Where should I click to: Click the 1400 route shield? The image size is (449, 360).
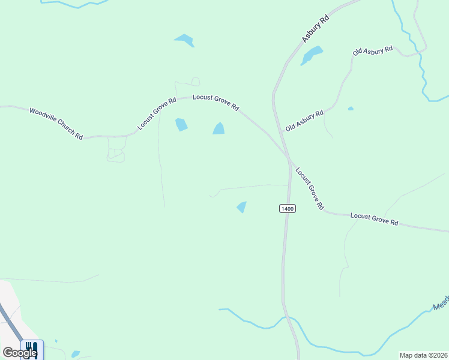coord(288,208)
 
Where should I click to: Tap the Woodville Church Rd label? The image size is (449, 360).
coord(56,123)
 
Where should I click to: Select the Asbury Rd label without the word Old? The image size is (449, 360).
coord(315,29)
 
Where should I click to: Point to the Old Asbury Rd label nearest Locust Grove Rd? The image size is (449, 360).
coord(304,121)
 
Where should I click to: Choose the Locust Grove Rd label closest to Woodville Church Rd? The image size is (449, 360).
coord(157,113)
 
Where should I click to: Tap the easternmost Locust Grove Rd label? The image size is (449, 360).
coord(374,218)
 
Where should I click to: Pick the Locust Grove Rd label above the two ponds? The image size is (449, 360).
coord(215,103)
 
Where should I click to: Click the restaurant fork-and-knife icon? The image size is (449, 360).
coord(32,348)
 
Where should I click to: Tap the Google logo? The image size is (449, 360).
coord(19,353)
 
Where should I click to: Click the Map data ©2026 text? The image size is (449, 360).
coord(424,355)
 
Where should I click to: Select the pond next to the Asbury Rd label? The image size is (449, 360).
coord(312,55)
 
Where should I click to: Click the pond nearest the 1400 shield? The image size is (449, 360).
coord(241,207)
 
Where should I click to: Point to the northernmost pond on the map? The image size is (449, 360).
coord(184,40)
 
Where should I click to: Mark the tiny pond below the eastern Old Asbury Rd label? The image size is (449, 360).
coord(351,109)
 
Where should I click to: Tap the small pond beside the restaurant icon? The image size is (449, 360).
coord(75,354)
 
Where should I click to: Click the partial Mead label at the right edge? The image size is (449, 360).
coord(441,303)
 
